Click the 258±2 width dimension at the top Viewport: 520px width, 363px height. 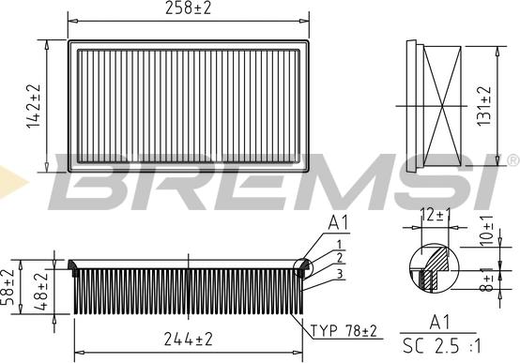point(190,10)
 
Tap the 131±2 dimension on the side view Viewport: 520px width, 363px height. point(485,105)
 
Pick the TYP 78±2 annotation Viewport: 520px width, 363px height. point(344,331)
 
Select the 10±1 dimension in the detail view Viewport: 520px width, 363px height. point(486,231)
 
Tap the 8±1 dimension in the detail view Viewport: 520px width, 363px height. point(486,280)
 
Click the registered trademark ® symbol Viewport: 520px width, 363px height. point(511,160)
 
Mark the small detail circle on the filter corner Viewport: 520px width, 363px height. point(304,268)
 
